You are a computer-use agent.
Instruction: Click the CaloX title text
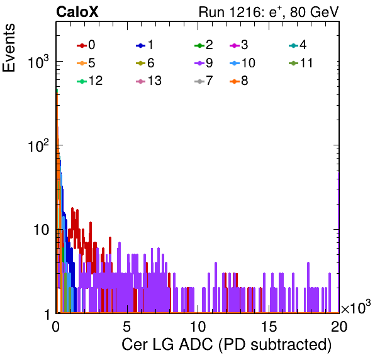(x=77, y=12)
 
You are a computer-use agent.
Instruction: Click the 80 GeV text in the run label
(x=314, y=12)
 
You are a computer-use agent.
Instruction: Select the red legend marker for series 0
(x=82, y=45)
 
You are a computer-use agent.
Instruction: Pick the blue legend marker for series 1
(x=141, y=45)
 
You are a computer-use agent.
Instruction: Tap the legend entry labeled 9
(x=204, y=63)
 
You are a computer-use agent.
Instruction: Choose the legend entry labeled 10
(x=242, y=63)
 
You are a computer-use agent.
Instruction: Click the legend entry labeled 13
(x=148, y=81)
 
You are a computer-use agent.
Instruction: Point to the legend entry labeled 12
(x=90, y=81)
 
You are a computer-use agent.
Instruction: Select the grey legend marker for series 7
(x=199, y=82)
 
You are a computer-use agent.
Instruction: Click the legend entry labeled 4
(x=298, y=45)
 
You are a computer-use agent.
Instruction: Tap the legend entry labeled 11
(x=301, y=63)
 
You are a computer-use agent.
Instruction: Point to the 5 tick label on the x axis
(x=126, y=327)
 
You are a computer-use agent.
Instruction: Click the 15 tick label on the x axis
(x=269, y=327)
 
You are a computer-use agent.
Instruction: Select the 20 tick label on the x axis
(x=339, y=327)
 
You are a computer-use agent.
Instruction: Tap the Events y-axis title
(x=9, y=48)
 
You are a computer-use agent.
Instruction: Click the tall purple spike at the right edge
(x=339, y=242)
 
